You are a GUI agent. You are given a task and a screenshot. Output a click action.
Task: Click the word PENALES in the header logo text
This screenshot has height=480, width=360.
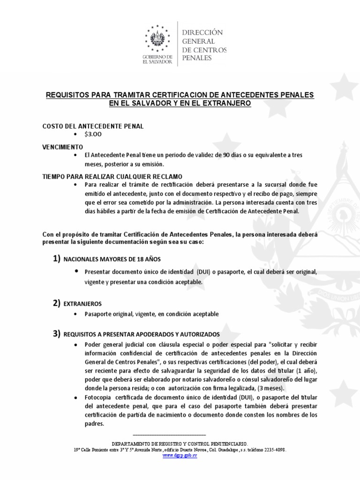(197, 58)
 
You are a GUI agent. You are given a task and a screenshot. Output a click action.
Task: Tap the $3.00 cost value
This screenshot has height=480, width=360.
(93, 134)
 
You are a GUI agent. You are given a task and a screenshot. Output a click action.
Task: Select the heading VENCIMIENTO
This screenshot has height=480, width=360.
(63, 146)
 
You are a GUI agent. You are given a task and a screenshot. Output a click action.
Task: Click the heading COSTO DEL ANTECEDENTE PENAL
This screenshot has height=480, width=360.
(93, 126)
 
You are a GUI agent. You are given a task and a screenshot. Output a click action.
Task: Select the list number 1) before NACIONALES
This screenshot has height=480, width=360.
(56, 259)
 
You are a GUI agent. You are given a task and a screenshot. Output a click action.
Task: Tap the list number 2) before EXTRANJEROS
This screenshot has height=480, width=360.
(56, 303)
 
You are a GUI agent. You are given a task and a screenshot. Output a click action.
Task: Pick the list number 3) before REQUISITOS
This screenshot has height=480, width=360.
(56, 334)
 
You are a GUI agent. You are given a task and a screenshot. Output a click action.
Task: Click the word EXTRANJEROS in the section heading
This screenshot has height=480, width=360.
(82, 304)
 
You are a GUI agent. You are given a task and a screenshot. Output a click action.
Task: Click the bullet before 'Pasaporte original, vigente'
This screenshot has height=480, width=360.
(76, 314)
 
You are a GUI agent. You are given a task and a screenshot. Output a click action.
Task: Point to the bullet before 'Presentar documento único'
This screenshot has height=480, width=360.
(76, 271)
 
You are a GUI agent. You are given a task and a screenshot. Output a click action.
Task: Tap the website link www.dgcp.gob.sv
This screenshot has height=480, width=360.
(180, 456)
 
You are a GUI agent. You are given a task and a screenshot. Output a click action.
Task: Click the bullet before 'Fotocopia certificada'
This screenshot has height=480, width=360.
(76, 397)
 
